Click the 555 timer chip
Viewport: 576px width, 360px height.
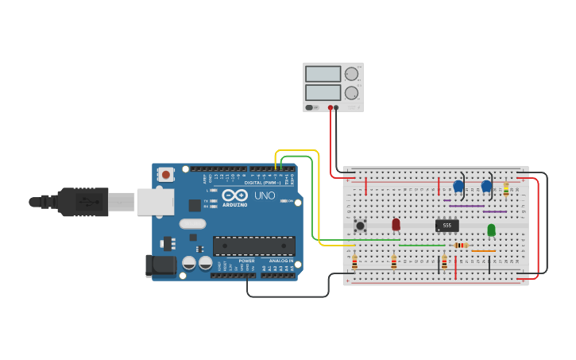pyautogui.click(x=447, y=226)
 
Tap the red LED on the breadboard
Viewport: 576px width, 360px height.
pyautogui.click(x=396, y=225)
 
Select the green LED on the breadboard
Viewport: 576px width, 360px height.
pyautogui.click(x=491, y=230)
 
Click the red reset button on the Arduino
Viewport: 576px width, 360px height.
pyautogui.click(x=165, y=174)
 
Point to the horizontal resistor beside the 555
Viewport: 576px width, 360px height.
pyautogui.click(x=460, y=245)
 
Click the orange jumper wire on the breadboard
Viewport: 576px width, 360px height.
pyautogui.click(x=483, y=251)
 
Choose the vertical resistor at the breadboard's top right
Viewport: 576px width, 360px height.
pyautogui.click(x=506, y=189)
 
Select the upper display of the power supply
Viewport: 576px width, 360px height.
pyautogui.click(x=323, y=74)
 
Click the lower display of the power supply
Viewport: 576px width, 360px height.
pyautogui.click(x=323, y=91)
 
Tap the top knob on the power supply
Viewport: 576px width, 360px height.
pyautogui.click(x=351, y=74)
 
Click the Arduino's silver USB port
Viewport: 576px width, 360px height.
pyautogui.click(x=155, y=202)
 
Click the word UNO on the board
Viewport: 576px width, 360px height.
pyautogui.click(x=265, y=195)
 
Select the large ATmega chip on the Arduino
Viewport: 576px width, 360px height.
pyautogui.click(x=253, y=246)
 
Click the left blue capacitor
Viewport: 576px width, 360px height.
pyautogui.click(x=458, y=186)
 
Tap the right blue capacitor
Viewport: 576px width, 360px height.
pyautogui.click(x=486, y=186)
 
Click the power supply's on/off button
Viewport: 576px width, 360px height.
pyautogui.click(x=312, y=107)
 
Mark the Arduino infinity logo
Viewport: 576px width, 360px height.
pyautogui.click(x=234, y=195)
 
